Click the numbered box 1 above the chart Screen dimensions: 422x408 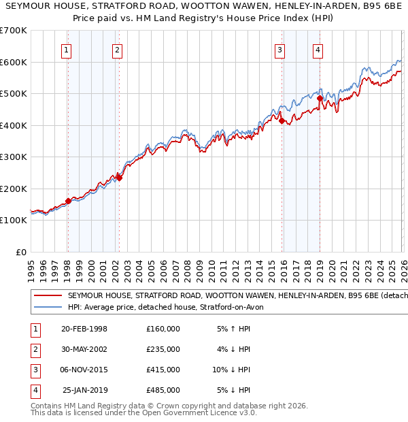click(x=67, y=50)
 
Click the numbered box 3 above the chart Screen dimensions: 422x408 click(x=279, y=50)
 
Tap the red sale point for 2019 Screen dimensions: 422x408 click(x=319, y=98)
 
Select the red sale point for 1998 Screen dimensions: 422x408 click(x=68, y=201)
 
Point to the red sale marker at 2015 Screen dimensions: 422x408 click(x=281, y=120)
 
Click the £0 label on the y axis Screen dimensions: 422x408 click(x=20, y=252)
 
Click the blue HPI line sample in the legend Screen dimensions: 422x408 click(x=48, y=307)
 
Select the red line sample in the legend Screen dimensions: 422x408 click(x=48, y=295)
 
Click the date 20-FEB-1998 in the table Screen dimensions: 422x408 click(x=84, y=329)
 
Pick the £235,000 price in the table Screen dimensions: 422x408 click(x=163, y=349)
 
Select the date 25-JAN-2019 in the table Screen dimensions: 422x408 click(x=84, y=390)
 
